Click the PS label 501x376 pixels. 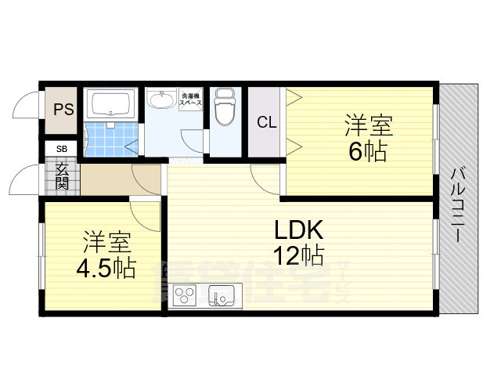[63, 110]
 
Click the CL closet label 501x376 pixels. [266, 123]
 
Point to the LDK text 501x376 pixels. [296, 231]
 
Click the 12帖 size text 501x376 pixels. [298, 255]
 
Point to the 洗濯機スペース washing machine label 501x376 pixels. [191, 99]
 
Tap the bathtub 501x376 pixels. [111, 103]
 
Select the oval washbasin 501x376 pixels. [163, 100]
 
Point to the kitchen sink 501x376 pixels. [222, 297]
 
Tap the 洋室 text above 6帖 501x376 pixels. [369, 125]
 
